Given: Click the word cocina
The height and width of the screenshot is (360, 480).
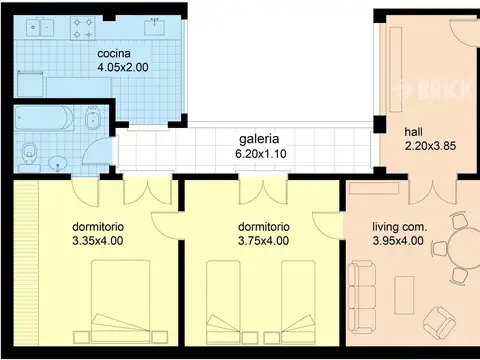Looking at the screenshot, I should (x=113, y=53).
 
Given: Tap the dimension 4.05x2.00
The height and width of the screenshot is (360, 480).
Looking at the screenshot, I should (x=122, y=67).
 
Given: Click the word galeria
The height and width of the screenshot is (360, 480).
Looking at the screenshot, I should (x=258, y=139).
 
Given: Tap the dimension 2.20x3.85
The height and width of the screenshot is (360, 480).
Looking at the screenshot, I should (x=429, y=146).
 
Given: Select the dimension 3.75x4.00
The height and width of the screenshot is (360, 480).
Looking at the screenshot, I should (x=264, y=241).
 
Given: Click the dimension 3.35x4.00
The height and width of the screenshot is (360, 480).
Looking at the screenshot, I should (x=98, y=241).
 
